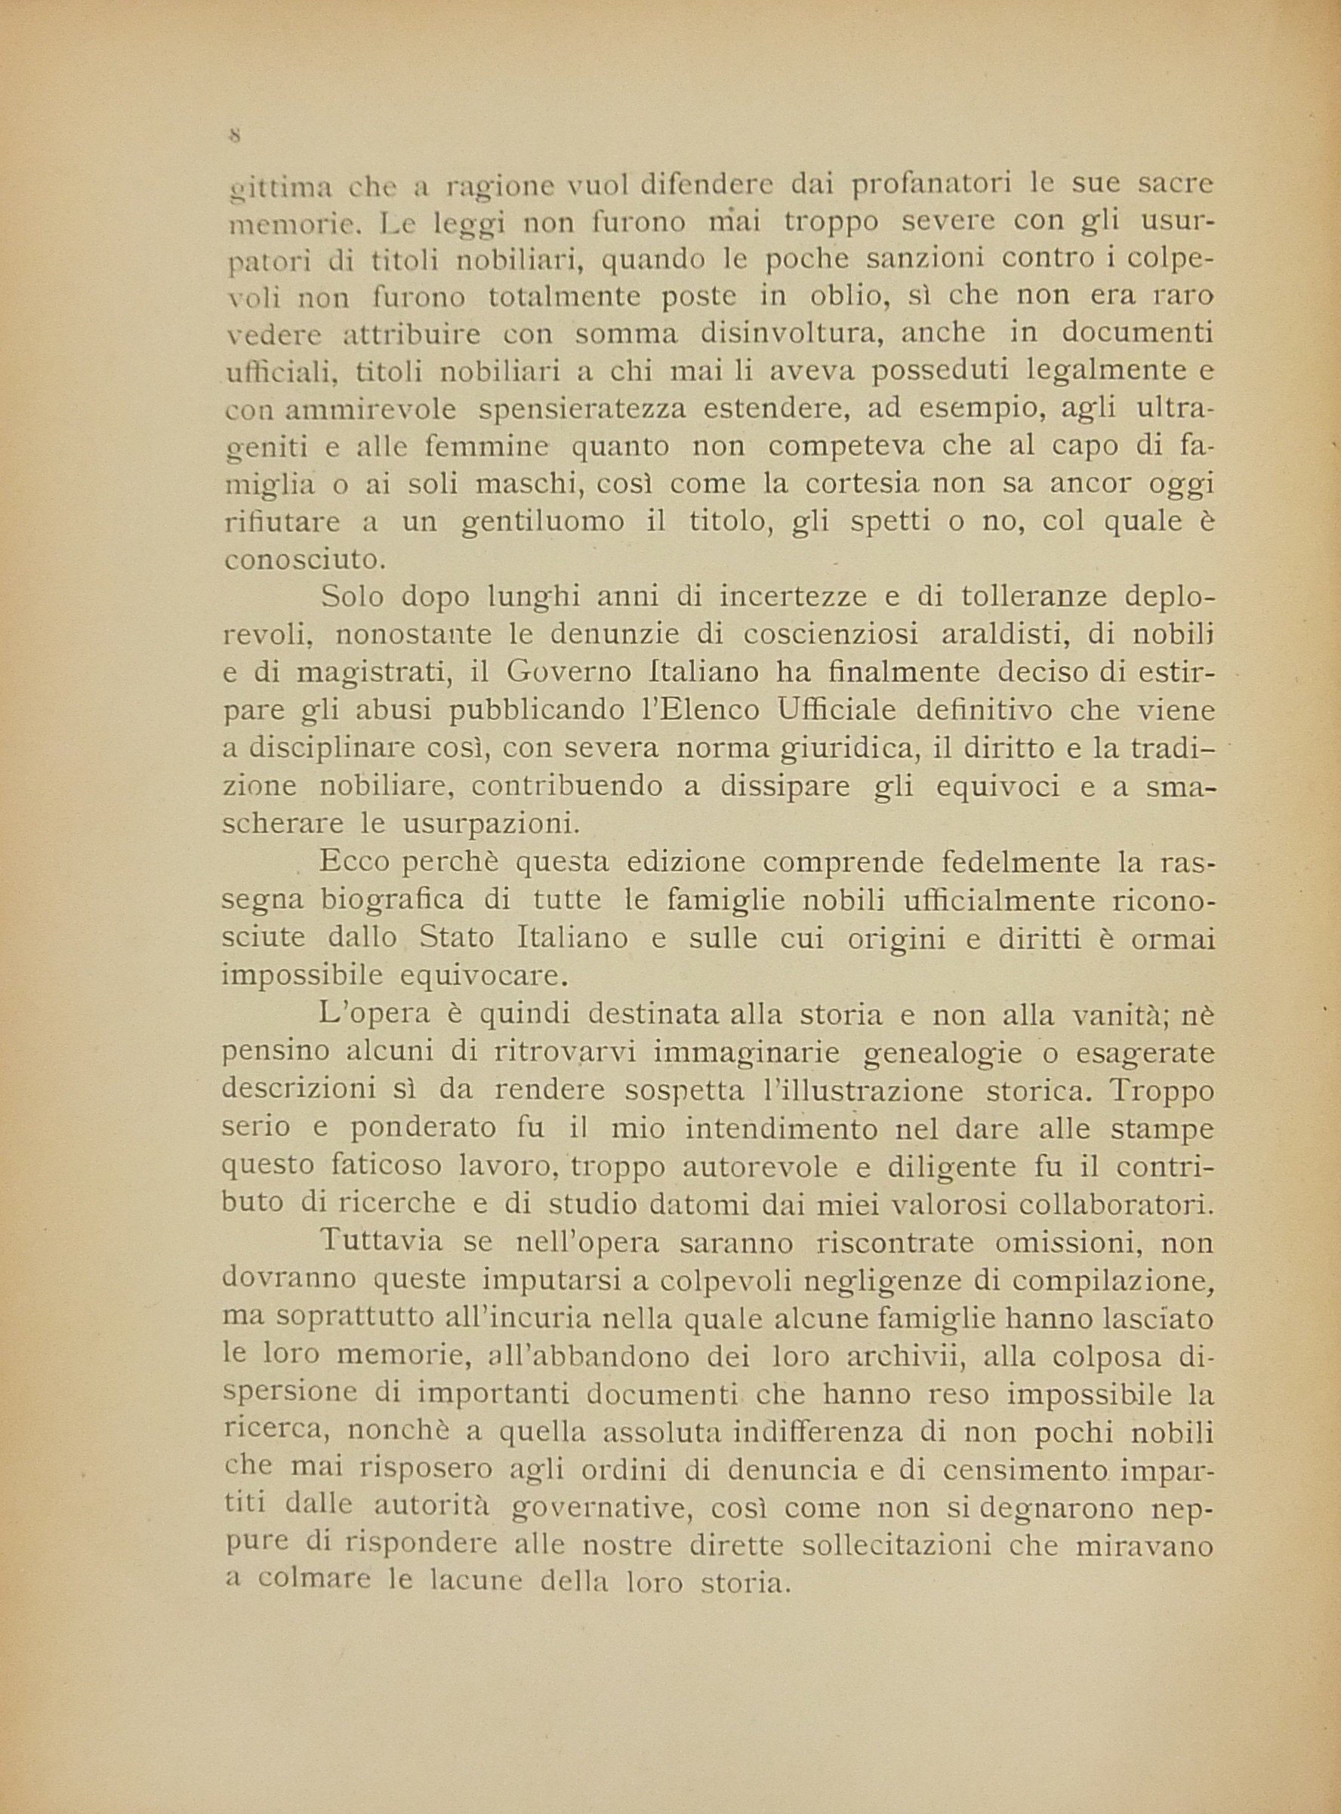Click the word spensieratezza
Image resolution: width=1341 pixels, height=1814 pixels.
(582, 408)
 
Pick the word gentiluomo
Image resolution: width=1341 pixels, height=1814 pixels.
(543, 521)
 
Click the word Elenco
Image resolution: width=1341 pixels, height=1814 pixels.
(697, 710)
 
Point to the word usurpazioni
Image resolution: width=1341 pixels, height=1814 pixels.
(490, 824)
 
